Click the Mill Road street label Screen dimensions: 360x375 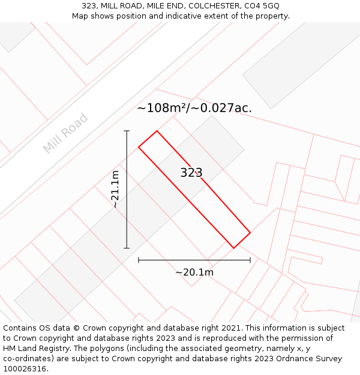click(x=65, y=133)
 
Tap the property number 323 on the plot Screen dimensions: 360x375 click(x=191, y=173)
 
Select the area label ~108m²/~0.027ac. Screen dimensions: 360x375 click(x=194, y=108)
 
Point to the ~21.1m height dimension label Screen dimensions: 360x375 click(x=115, y=189)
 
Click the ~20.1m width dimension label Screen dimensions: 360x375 click(x=194, y=272)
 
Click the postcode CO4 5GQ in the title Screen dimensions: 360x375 click(x=262, y=6)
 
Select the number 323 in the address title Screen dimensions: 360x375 click(x=90, y=6)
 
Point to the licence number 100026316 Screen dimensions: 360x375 click(x=25, y=368)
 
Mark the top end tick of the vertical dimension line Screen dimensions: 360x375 click(x=127, y=131)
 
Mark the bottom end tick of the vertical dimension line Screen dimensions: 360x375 click(x=127, y=248)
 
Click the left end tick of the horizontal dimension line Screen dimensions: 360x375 click(x=139, y=260)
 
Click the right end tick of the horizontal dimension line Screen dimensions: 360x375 click(x=250, y=260)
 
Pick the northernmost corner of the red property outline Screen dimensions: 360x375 click(x=157, y=131)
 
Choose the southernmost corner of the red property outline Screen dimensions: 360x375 click(x=234, y=248)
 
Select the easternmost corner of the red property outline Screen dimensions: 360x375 click(x=250, y=233)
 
